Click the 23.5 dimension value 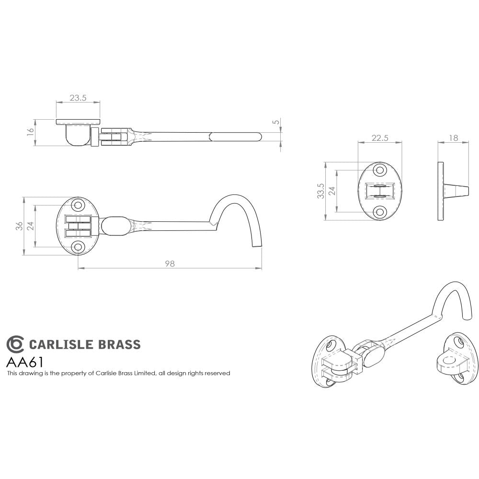(78, 98)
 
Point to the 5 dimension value (275, 122)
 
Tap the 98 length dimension (170, 263)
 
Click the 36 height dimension (19, 226)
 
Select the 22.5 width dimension (380, 138)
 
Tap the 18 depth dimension (453, 138)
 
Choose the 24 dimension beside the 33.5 (331, 191)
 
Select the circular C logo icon (14, 344)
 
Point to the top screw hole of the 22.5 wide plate (380, 170)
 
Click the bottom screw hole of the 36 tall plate (78, 247)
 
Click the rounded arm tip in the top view (259, 137)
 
